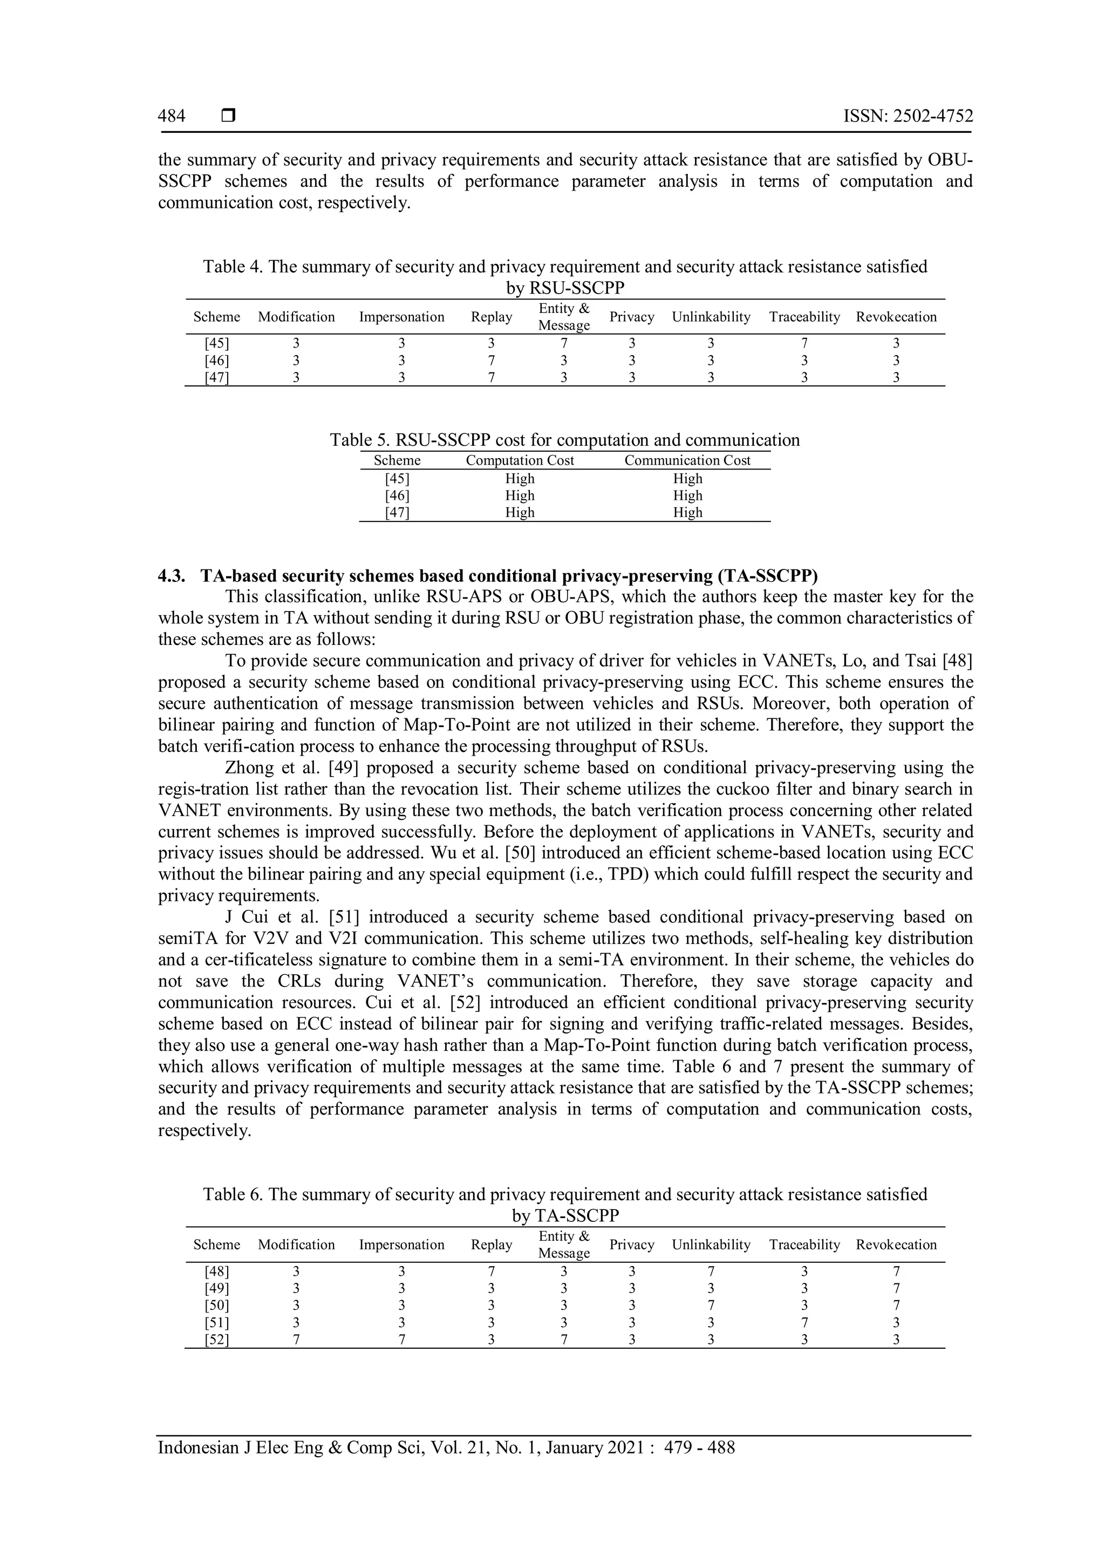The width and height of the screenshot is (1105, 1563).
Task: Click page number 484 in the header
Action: [x=172, y=117]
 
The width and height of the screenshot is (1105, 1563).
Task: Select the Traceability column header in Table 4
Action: [x=804, y=317]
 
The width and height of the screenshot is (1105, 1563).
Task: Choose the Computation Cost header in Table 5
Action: [x=520, y=460]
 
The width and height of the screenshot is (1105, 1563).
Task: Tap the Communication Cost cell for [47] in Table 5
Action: [x=687, y=513]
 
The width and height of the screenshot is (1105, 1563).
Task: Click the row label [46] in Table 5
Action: [x=397, y=495]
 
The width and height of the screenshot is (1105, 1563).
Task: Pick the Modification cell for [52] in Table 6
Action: [x=296, y=1340]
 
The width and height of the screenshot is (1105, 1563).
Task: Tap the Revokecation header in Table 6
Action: [x=896, y=1245]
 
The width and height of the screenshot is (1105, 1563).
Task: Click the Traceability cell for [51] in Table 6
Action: [x=804, y=1323]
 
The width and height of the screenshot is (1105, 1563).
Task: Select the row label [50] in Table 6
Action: [x=217, y=1306]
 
